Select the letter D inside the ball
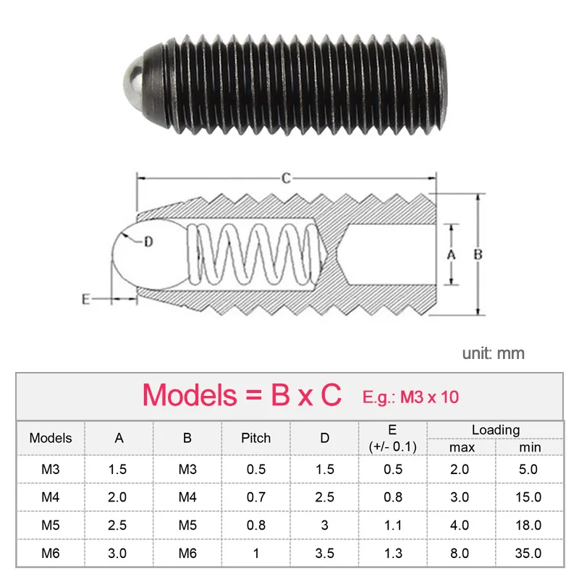[x=148, y=242]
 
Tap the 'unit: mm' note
[x=494, y=353]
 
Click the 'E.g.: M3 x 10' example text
[x=410, y=396]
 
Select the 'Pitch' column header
[x=255, y=438]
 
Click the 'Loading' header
[x=495, y=430]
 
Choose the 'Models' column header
[x=51, y=438]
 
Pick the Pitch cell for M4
[x=255, y=497]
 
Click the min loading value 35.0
[x=529, y=553]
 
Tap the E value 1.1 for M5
[x=393, y=525]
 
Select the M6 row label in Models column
[x=51, y=553]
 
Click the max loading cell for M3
[x=461, y=469]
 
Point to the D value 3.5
[x=324, y=553]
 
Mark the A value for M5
[x=117, y=525]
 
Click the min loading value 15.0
[x=529, y=497]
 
